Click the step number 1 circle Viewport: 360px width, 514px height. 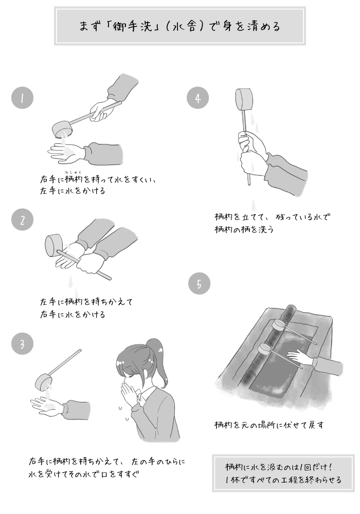[22, 98]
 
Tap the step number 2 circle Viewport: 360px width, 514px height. [22, 219]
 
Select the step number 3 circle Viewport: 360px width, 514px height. [22, 343]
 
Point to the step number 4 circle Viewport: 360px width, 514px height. [197, 98]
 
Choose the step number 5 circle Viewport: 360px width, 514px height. [199, 283]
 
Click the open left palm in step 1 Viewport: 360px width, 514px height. [66, 153]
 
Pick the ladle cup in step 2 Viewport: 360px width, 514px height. [53, 246]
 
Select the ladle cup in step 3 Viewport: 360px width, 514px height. [43, 382]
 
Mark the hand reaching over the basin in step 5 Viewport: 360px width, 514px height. [299, 357]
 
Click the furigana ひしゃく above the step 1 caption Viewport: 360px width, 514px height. [73, 172]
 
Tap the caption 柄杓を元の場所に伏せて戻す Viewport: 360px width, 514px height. [269, 425]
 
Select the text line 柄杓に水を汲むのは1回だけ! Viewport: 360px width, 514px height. [279, 467]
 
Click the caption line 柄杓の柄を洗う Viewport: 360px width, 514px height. [244, 229]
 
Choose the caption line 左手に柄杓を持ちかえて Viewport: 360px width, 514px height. [86, 301]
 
